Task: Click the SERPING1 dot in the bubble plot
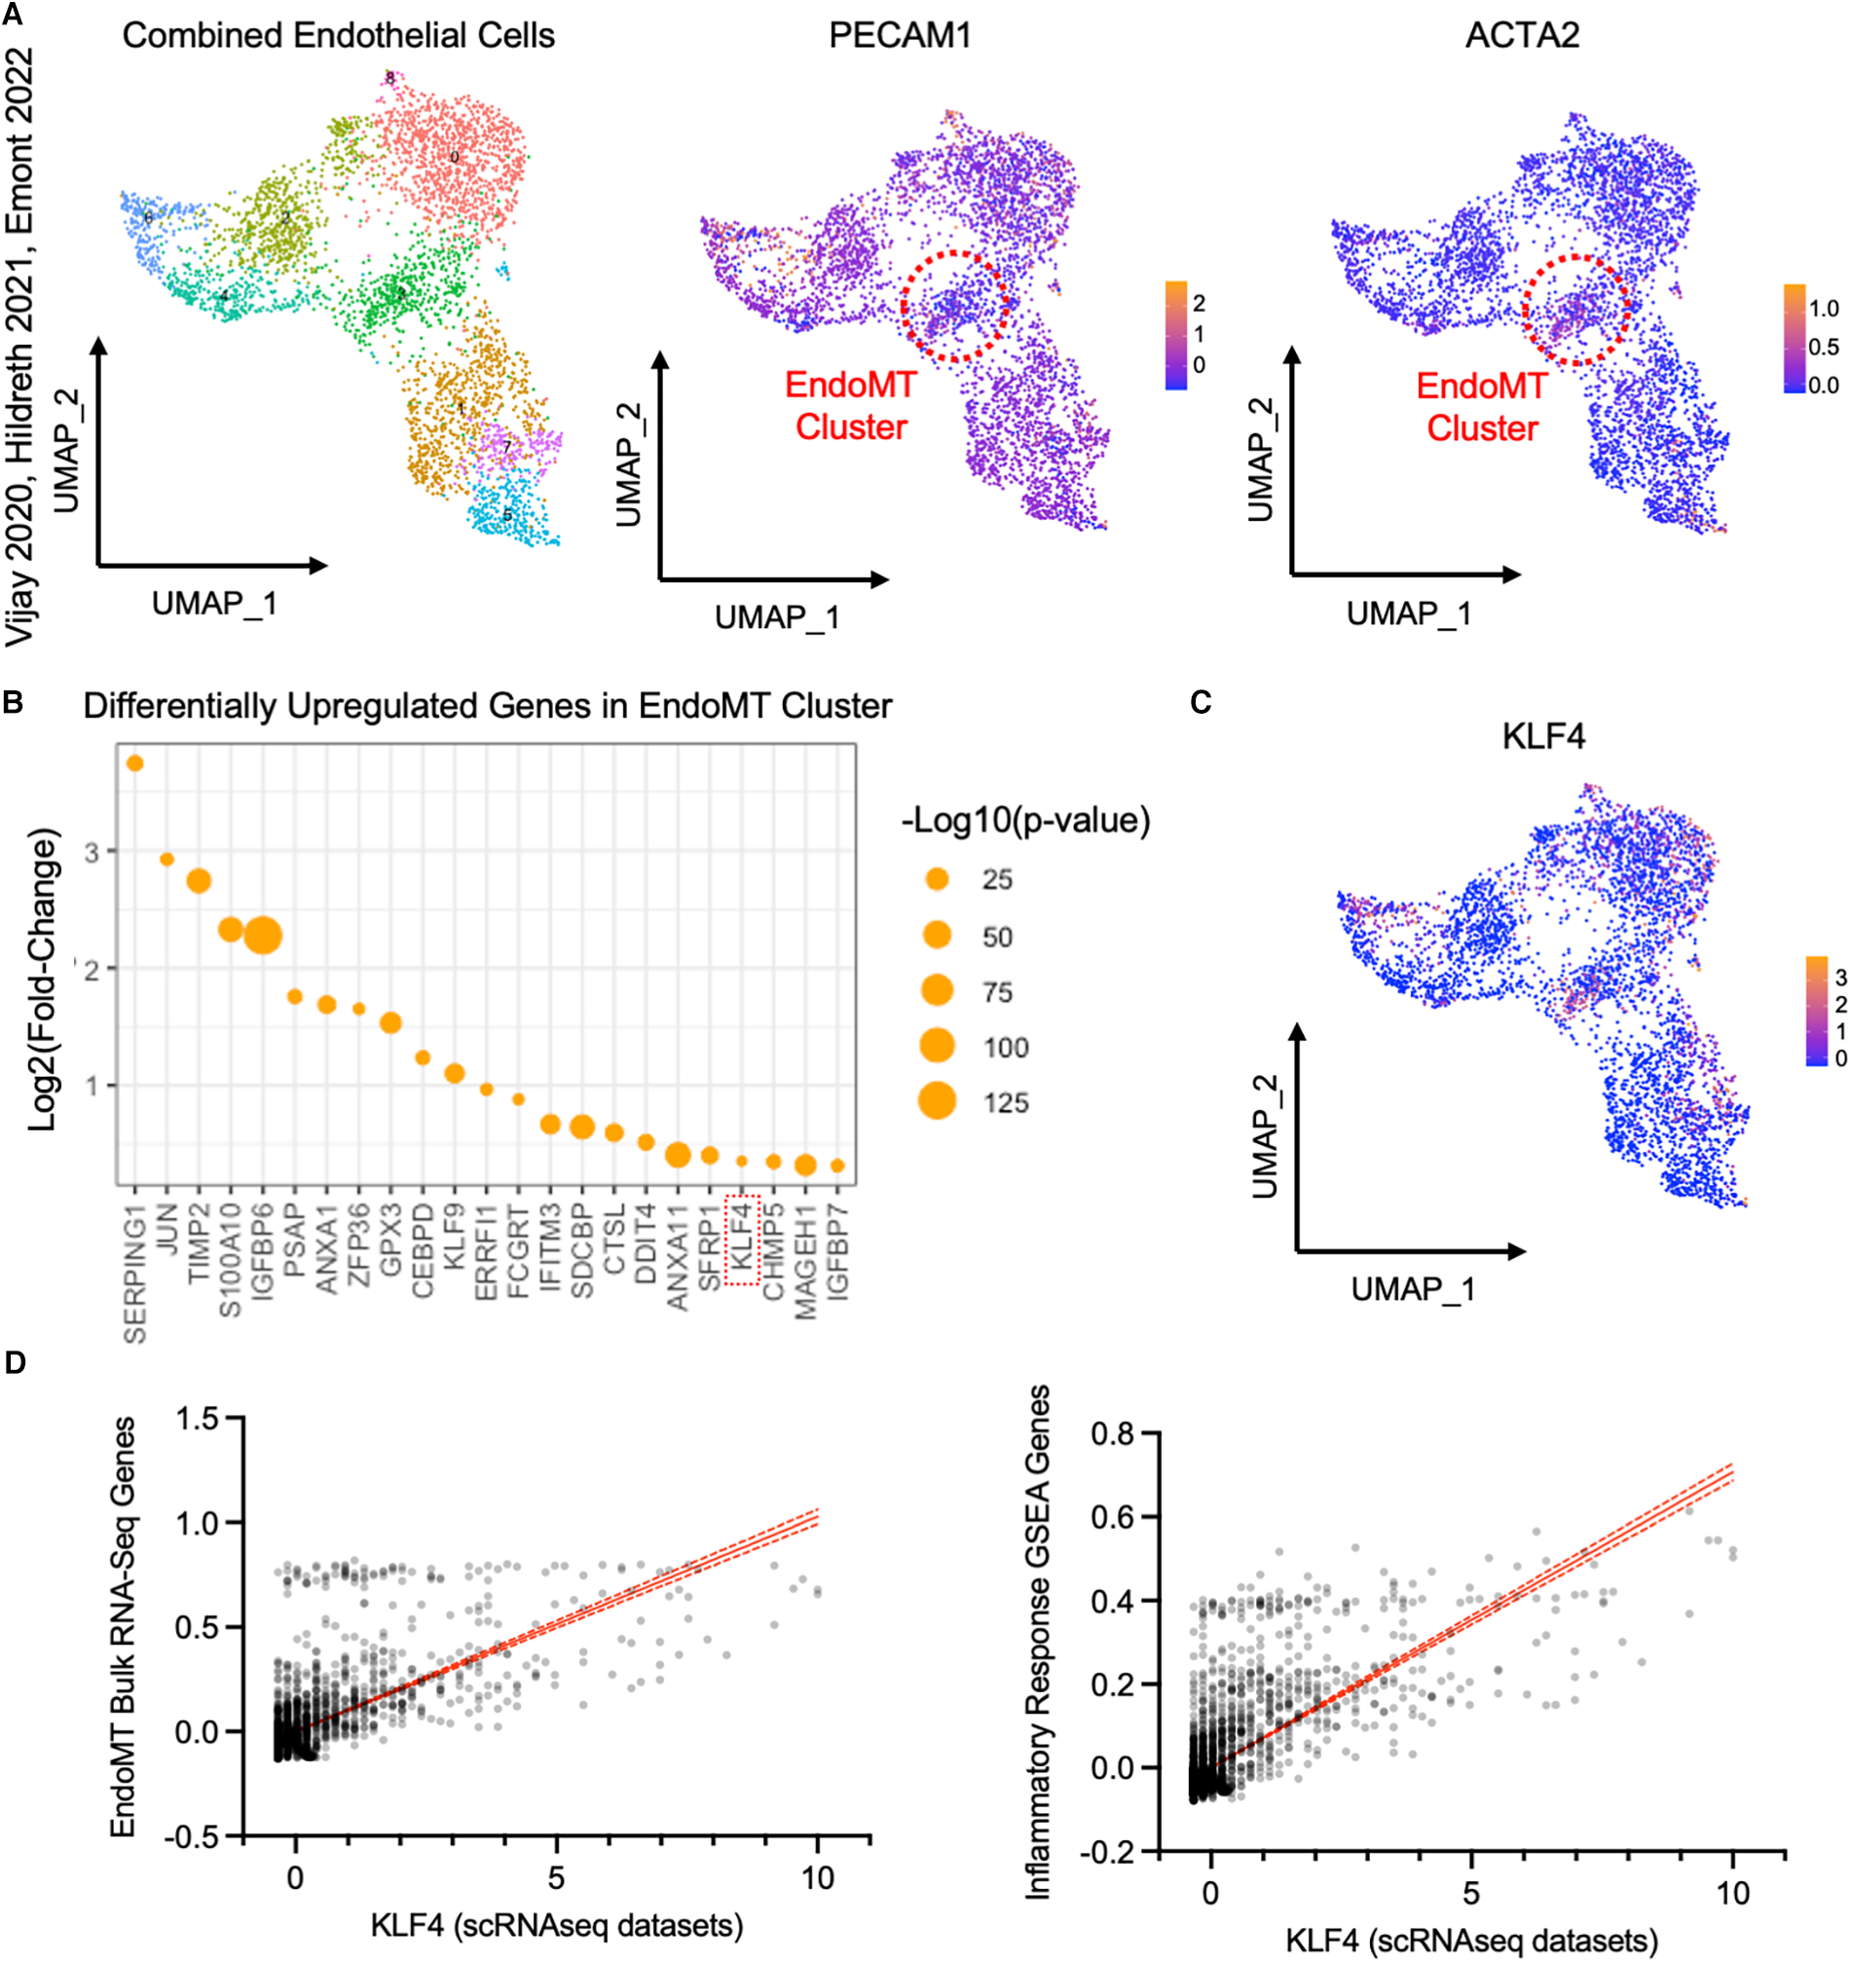(x=135, y=763)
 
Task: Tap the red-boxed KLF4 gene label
(x=741, y=1240)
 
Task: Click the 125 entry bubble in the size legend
(x=937, y=1102)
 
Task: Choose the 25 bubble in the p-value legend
(x=937, y=879)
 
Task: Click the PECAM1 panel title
(x=900, y=36)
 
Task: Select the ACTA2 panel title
(x=1521, y=36)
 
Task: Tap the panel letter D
(x=15, y=1363)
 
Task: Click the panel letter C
(x=1201, y=702)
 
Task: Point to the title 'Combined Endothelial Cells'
(x=338, y=36)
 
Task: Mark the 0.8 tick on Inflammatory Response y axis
(x=1113, y=1433)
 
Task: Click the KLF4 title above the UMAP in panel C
(x=1543, y=737)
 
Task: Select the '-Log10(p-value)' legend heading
(x=1025, y=821)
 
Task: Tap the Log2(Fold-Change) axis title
(x=43, y=979)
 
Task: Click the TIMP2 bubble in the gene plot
(x=199, y=881)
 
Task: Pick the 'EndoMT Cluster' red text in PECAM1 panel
(x=851, y=406)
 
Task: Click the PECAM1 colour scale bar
(x=1175, y=335)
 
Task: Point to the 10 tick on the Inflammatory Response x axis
(x=1732, y=1893)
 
